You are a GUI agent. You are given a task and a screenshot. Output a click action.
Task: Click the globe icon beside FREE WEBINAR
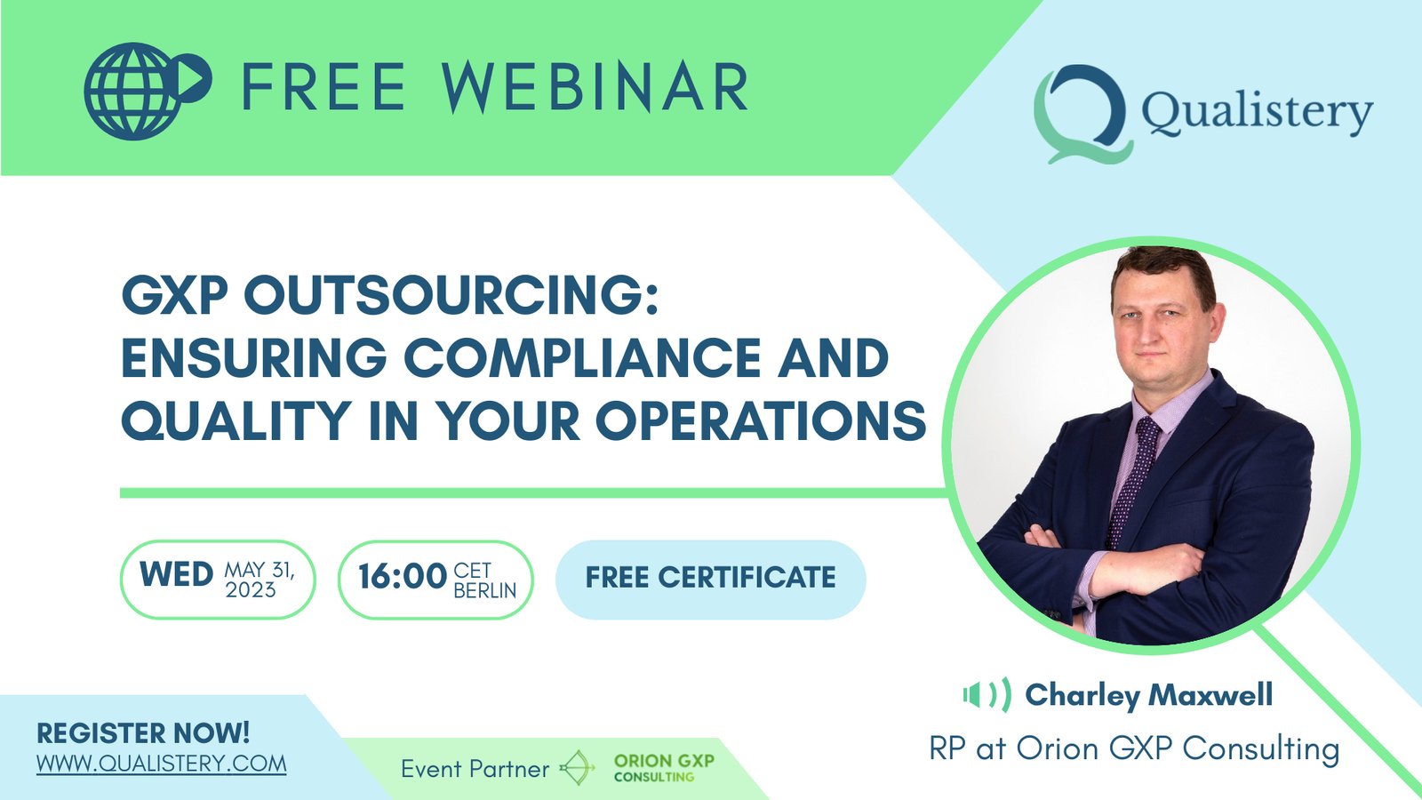click(x=148, y=91)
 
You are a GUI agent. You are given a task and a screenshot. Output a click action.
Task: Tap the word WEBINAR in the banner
click(x=595, y=87)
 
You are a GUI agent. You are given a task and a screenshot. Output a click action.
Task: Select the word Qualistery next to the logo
click(x=1257, y=112)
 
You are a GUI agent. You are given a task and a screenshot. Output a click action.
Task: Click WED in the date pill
click(x=176, y=575)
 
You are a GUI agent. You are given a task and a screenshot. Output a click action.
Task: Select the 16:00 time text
click(x=402, y=577)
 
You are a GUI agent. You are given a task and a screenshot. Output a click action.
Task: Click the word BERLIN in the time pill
click(x=485, y=590)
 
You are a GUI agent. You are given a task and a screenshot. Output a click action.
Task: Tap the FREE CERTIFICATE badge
click(x=710, y=579)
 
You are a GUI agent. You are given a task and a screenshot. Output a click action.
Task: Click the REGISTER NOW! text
click(x=143, y=733)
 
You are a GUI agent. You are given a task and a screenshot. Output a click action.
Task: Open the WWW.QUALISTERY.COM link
click(x=161, y=764)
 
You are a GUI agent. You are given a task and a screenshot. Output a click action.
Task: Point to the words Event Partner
click(x=475, y=770)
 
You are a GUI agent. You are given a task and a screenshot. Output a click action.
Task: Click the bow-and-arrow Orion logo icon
click(x=577, y=768)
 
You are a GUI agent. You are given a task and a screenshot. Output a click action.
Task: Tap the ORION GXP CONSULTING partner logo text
click(x=664, y=768)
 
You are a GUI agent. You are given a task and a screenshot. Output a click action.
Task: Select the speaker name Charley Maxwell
click(x=1149, y=695)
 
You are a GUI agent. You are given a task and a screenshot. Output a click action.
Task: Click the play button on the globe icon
click(x=193, y=79)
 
